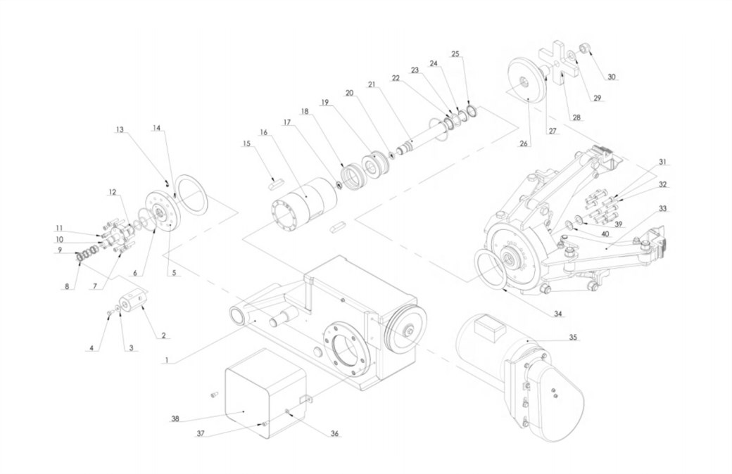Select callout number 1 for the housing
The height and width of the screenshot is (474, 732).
pyautogui.click(x=166, y=361)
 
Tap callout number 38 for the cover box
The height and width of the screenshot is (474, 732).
pyautogui.click(x=175, y=418)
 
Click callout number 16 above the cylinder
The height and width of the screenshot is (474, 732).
pyautogui.click(x=264, y=132)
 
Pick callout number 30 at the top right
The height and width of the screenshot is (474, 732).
pyautogui.click(x=611, y=77)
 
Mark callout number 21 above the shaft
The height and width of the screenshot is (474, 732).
pyautogui.click(x=371, y=84)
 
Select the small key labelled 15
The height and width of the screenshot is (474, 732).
pyautogui.click(x=275, y=185)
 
